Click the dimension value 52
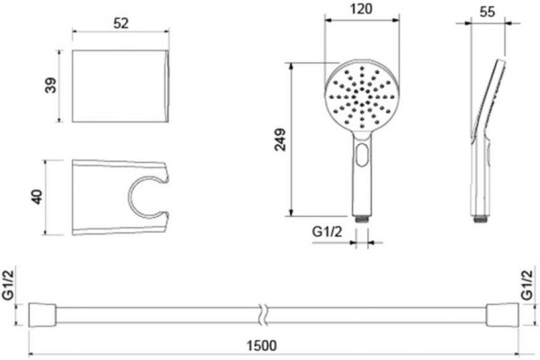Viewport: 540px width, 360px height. coord(121,23)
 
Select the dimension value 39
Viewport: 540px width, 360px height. coord(50,85)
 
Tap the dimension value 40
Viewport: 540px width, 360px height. coord(37,197)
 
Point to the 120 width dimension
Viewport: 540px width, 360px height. coord(362,9)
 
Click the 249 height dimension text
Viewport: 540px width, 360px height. coord(280,139)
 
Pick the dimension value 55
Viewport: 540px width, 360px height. coord(487,12)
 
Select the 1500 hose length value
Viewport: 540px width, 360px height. coord(262,346)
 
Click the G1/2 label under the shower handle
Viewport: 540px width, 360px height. coord(328,232)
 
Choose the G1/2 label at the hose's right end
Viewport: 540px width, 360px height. coord(526,284)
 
